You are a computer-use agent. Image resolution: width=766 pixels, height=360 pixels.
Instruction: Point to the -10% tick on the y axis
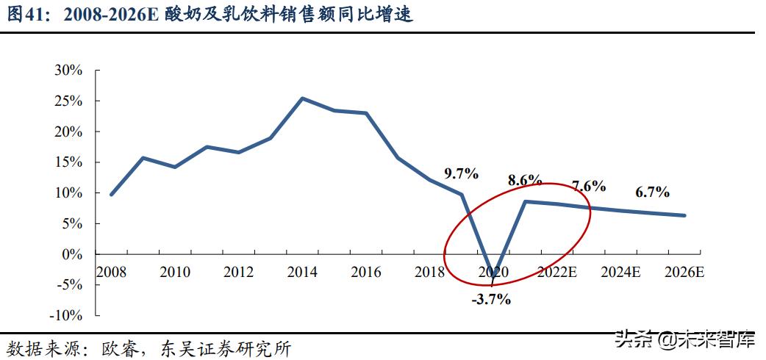point(66,315)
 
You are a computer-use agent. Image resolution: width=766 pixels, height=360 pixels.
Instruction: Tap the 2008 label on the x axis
point(111,273)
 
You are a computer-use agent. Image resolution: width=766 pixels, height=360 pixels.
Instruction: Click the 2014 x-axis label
point(302,273)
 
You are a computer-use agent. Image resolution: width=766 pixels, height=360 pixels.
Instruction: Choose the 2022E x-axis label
point(556,273)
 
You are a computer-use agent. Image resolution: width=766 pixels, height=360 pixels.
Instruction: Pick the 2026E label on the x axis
point(684,273)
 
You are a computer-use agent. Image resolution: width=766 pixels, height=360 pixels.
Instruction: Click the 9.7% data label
point(462,174)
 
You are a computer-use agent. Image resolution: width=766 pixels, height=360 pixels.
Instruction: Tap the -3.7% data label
point(490,299)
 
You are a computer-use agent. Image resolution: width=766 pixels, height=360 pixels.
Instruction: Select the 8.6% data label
point(525,180)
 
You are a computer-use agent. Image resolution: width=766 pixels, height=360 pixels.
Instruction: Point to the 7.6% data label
point(588,186)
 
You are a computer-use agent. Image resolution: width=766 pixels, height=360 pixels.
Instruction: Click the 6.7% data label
point(652,192)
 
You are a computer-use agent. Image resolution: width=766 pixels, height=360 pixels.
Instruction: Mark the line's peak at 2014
point(303,98)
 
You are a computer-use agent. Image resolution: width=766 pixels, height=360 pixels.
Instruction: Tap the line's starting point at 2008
point(111,195)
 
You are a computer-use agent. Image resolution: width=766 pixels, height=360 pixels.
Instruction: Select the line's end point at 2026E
point(684,215)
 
